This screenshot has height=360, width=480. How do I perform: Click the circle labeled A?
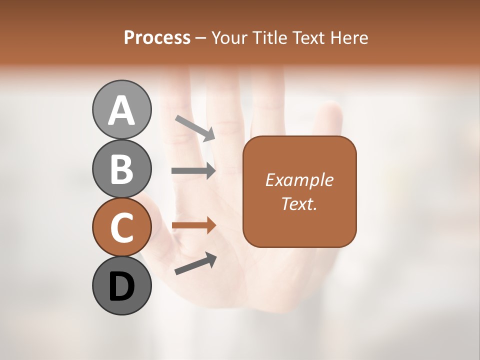[x=121, y=109]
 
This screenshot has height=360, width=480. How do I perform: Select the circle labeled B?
[x=121, y=168]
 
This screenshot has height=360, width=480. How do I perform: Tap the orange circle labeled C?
[x=121, y=227]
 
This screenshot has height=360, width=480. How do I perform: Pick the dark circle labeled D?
[x=121, y=286]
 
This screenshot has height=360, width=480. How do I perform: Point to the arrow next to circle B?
[x=193, y=171]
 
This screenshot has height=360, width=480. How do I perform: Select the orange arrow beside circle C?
[x=193, y=225]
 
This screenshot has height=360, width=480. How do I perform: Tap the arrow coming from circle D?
[x=195, y=263]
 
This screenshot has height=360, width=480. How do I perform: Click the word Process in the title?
[x=157, y=38]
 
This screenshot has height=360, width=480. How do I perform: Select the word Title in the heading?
[x=268, y=38]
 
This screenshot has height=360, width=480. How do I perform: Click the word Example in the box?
[x=299, y=180]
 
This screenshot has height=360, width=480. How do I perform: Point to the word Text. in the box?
[x=299, y=203]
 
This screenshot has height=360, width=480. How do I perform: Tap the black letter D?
[x=121, y=287]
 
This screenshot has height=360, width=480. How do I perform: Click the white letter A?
[x=121, y=110]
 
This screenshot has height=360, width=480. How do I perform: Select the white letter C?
[x=121, y=228]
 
